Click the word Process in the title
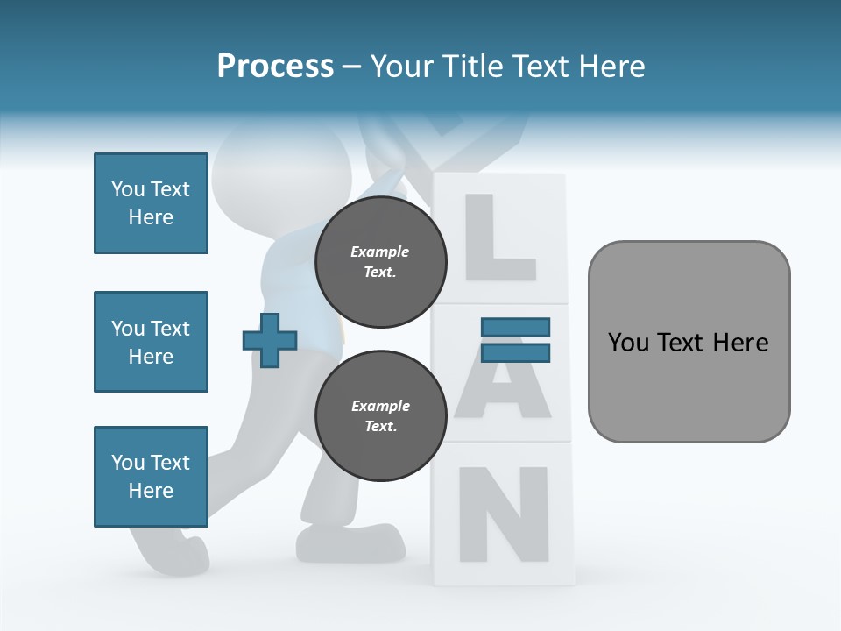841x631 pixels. [x=275, y=67]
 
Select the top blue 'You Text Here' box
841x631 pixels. [x=151, y=203]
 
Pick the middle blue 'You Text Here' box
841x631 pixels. [x=151, y=342]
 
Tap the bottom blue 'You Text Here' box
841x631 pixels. [x=151, y=477]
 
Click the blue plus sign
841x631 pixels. [x=270, y=340]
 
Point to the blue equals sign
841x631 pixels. [x=515, y=340]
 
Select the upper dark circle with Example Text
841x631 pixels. [x=380, y=261]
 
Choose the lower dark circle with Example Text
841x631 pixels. [x=380, y=415]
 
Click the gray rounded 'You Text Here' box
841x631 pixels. [x=689, y=342]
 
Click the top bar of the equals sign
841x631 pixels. [x=515, y=328]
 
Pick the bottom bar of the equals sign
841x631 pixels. [x=515, y=352]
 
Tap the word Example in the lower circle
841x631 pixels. [x=380, y=406]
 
